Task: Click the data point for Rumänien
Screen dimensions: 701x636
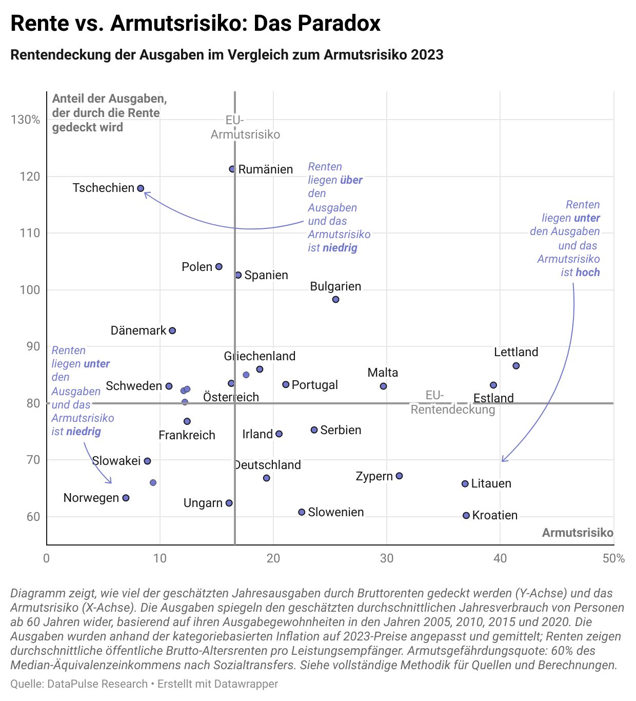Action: pos(232,169)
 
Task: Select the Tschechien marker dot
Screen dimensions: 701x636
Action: pos(141,188)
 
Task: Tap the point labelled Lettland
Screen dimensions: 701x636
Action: pos(516,366)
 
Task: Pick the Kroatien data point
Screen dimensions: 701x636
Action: pos(466,515)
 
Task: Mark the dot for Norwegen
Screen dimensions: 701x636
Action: pos(126,498)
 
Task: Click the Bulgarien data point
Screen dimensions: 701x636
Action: pos(336,300)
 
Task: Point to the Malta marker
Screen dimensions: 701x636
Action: pos(383,386)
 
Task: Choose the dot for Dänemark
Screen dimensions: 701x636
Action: pos(172,330)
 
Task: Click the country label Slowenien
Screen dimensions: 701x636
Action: pos(336,512)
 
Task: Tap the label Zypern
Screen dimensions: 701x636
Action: pos(374,476)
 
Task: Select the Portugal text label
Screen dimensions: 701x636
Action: pos(314,385)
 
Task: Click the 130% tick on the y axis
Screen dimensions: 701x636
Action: pos(25,120)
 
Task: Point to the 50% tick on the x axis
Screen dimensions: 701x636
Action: pos(613,558)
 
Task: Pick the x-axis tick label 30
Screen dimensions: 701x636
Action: pos(387,558)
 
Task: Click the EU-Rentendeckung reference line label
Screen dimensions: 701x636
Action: pos(452,402)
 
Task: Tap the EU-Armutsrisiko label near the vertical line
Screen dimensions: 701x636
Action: pos(245,128)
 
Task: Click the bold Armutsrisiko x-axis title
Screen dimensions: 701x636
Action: pos(578,533)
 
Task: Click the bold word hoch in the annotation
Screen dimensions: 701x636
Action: pos(587,272)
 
